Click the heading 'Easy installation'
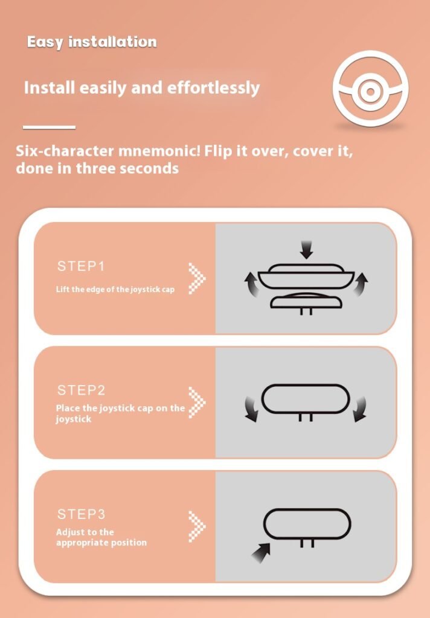[x=92, y=42]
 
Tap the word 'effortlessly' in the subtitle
[x=213, y=88]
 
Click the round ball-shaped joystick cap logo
[x=370, y=89]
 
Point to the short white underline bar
[x=49, y=127]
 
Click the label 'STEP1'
[x=82, y=266]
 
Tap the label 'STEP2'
[x=82, y=390]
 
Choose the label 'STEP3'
[x=82, y=514]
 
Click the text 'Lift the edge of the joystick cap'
[x=115, y=289]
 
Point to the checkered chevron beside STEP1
[x=197, y=278]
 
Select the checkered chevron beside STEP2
[x=197, y=402]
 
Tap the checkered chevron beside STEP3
[x=197, y=526]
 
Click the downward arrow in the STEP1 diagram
[x=306, y=250]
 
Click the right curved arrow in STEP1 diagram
[x=360, y=284]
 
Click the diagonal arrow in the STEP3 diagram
[x=261, y=553]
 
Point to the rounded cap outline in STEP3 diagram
[x=307, y=509]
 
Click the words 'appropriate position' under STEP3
[x=101, y=543]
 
